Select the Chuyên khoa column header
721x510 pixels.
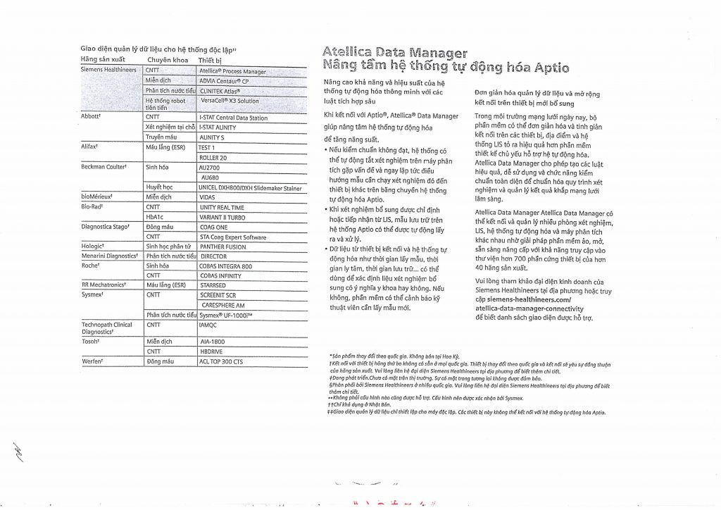166,60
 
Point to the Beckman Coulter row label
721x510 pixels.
104,168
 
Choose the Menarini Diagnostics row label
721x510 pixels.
108,256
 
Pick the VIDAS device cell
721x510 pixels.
208,198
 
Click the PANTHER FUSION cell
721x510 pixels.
223,247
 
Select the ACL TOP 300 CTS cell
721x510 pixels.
221,361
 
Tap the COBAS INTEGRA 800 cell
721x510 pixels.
226,267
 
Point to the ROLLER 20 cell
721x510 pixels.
213,158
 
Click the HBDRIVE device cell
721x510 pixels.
212,351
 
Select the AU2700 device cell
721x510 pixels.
210,168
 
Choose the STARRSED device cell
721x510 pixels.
213,286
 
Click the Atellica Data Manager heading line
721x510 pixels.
394,52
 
